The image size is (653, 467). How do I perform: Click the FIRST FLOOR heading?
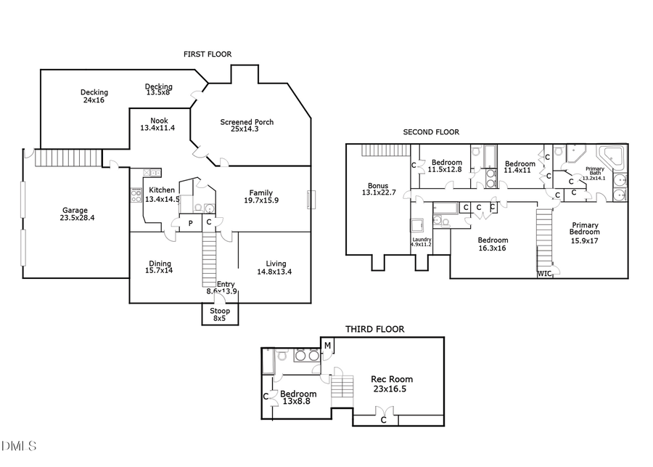[x=208, y=54]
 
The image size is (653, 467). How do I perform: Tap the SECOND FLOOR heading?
[x=431, y=132]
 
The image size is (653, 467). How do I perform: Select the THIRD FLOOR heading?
[x=374, y=329]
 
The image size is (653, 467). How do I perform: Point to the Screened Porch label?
[x=247, y=122]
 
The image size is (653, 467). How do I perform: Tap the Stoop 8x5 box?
[x=220, y=314]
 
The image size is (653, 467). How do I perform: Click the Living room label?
[x=276, y=264]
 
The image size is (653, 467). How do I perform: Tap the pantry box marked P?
[x=190, y=223]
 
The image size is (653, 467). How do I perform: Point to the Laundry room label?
[x=421, y=239]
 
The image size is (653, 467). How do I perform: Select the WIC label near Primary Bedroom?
[x=544, y=274]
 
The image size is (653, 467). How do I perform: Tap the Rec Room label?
[x=392, y=379]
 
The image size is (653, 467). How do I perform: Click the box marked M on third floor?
[x=327, y=344]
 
